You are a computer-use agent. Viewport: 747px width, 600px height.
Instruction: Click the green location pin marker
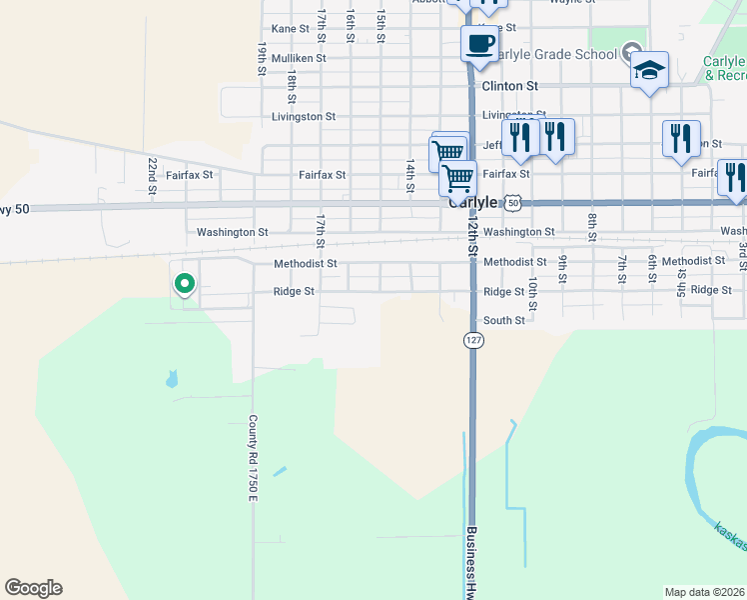[184, 285]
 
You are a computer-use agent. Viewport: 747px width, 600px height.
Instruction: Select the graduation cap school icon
[649, 71]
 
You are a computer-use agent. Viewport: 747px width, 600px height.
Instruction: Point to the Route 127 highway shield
[472, 340]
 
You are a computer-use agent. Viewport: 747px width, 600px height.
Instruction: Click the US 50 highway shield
[512, 202]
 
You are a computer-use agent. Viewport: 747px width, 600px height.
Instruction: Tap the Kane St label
[291, 29]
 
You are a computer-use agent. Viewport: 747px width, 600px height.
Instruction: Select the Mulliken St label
[299, 58]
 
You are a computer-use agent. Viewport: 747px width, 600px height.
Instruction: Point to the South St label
[503, 321]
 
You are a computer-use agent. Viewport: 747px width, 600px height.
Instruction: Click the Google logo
[33, 588]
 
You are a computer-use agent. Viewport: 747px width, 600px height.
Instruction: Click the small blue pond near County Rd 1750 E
[172, 379]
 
